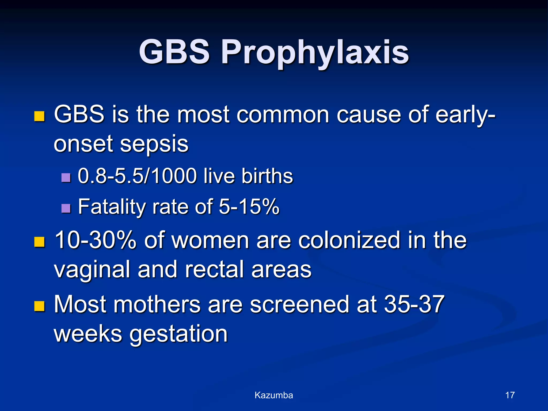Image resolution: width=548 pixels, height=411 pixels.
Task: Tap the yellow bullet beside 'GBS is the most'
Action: click(x=39, y=117)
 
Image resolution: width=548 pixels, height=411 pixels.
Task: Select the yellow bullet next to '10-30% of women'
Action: click(x=39, y=242)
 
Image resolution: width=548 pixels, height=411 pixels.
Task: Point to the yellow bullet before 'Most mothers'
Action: click(x=39, y=306)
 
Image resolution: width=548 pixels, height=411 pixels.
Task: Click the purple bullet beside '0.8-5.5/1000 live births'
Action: click(x=66, y=177)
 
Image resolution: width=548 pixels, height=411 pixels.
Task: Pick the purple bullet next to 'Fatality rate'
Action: click(x=66, y=208)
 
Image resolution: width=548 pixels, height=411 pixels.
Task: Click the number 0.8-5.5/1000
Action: click(x=137, y=176)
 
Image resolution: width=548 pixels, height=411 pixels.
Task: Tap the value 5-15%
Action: click(x=249, y=207)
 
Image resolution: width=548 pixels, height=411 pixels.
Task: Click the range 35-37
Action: click(x=414, y=304)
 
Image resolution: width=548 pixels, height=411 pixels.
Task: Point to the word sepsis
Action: click(x=154, y=144)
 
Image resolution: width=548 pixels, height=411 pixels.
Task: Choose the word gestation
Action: click(x=178, y=334)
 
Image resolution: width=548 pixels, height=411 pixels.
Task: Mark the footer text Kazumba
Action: click(x=274, y=395)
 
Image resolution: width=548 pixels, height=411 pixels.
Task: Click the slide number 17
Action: click(x=510, y=395)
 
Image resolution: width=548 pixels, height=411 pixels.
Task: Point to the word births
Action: click(x=267, y=176)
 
